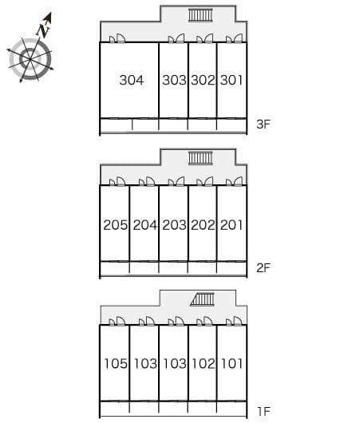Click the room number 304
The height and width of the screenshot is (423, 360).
tap(132, 80)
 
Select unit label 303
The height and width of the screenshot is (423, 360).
tap(174, 80)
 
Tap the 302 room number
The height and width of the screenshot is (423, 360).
tap(203, 80)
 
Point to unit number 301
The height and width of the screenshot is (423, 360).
tap(231, 80)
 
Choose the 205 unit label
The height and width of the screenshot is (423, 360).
tap(116, 225)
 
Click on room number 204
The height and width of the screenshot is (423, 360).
tap(145, 225)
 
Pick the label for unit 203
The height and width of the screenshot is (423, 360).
tap(174, 225)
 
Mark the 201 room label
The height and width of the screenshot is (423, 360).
tap(231, 225)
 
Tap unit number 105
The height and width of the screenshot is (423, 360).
tap(116, 363)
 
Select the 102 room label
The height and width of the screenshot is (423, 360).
tap(204, 363)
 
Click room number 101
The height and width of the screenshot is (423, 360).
tap(231, 363)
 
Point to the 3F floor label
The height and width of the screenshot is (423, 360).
tap(263, 124)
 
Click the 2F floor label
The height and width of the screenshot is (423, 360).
tap(263, 267)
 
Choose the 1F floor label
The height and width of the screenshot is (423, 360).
tap(263, 411)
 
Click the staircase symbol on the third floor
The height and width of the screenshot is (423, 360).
tap(200, 15)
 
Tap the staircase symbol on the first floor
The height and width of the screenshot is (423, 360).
tap(203, 299)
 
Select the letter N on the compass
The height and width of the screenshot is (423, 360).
tap(43, 30)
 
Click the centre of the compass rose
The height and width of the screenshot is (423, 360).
tap(30, 59)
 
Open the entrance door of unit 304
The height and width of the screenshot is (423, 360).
tap(117, 38)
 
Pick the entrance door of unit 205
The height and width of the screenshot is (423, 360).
tap(117, 181)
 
